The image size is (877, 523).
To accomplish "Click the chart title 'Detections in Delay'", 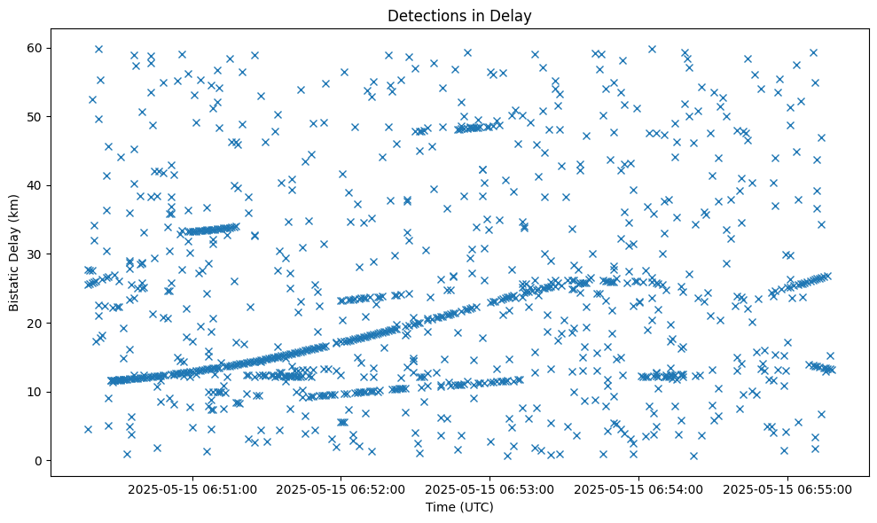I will tap(459, 15).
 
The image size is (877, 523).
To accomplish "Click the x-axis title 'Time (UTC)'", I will tap(459, 508).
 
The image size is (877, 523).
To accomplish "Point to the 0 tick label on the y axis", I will tap(38, 461).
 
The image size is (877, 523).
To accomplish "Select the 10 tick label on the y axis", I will tap(35, 392).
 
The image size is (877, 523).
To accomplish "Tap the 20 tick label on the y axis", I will tap(35, 324).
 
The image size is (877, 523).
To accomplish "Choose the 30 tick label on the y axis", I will tap(35, 254).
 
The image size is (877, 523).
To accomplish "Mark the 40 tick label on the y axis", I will tap(35, 185).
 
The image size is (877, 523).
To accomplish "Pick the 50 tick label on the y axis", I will tap(35, 117).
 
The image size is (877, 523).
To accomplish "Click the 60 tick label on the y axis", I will tap(35, 48).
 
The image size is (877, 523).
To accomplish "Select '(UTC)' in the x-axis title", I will tap(476, 508).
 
